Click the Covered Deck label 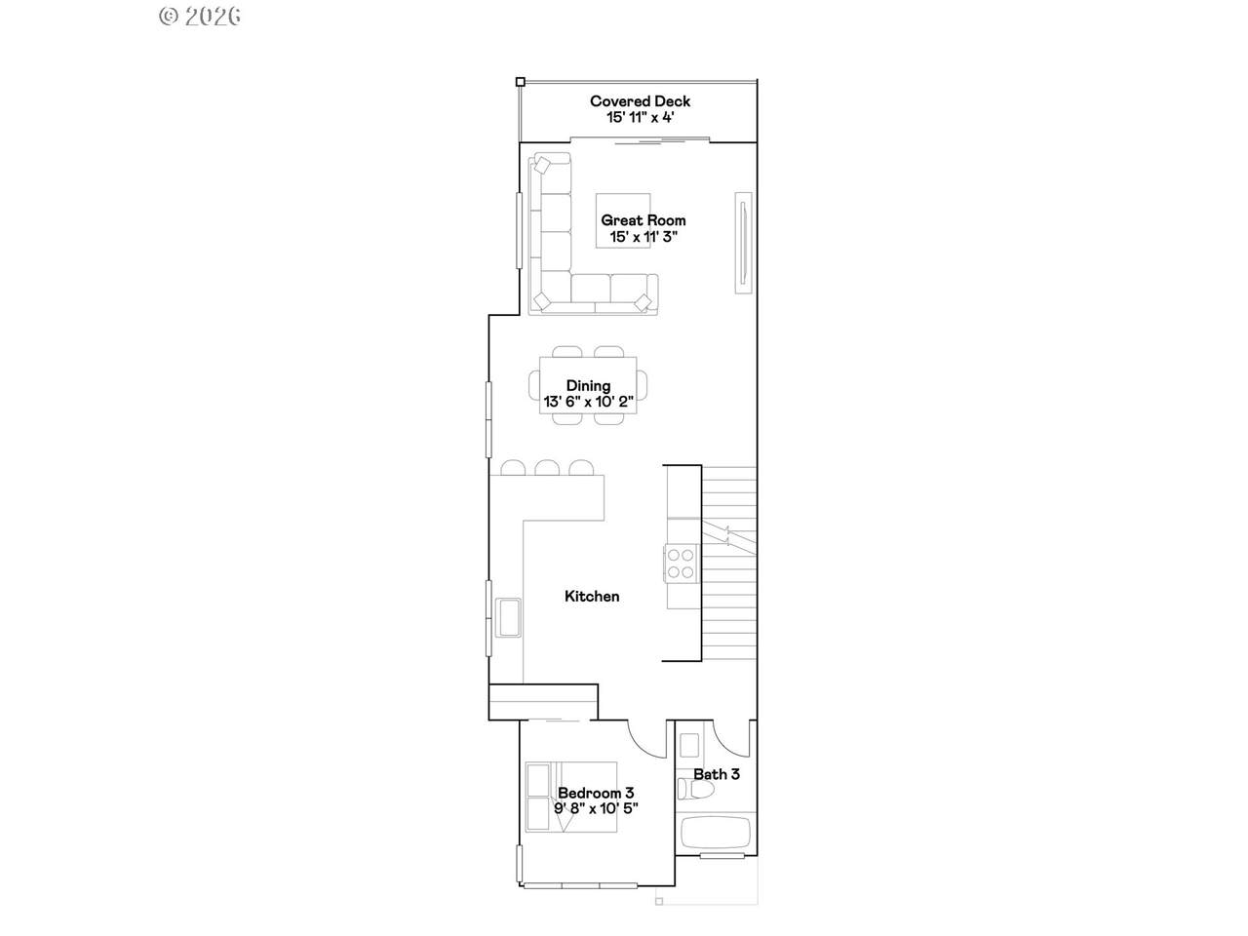(640, 101)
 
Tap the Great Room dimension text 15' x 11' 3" (643, 236)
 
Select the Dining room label (588, 386)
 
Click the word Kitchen (592, 596)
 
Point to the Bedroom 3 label (596, 793)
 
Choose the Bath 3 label (717, 774)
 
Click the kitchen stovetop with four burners (681, 564)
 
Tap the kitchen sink (508, 618)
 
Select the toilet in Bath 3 (695, 790)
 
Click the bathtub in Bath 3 (716, 833)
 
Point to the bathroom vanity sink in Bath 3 (689, 745)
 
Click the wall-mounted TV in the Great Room (743, 243)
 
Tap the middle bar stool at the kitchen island (547, 468)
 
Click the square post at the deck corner (520, 82)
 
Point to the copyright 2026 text (200, 16)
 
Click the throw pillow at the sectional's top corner (542, 166)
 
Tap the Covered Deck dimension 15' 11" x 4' (641, 118)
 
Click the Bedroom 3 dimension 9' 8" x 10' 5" (596, 808)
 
